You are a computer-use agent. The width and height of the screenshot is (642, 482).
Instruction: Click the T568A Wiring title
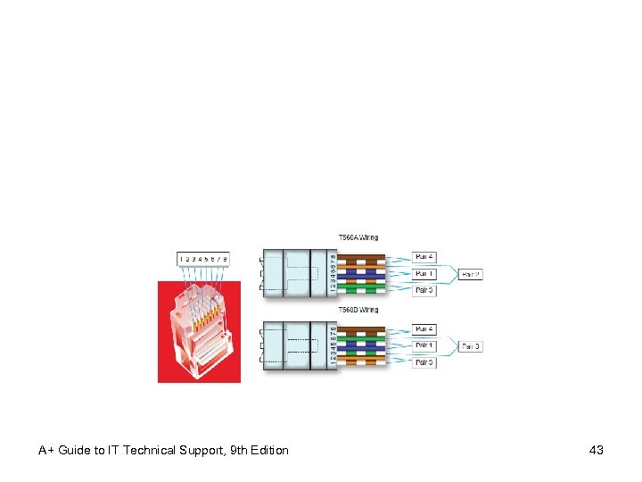click(x=358, y=237)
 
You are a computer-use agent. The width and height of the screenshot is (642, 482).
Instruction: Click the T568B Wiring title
click(x=358, y=310)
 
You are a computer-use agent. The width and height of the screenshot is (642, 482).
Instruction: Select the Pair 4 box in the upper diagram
click(x=424, y=257)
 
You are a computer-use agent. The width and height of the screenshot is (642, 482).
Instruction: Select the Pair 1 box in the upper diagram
click(x=424, y=273)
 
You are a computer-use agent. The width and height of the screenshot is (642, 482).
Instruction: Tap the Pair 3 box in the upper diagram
click(x=424, y=290)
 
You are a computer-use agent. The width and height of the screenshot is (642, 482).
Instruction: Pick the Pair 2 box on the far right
click(x=471, y=274)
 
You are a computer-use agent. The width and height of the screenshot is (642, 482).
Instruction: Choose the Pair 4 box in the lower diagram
click(x=424, y=329)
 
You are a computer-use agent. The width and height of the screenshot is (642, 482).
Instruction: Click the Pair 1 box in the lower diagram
click(x=424, y=345)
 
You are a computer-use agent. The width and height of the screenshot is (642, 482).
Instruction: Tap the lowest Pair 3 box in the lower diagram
click(x=424, y=362)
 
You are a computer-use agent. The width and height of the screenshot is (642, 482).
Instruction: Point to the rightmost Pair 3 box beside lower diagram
click(x=471, y=346)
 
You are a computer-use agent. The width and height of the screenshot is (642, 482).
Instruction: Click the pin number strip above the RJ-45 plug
click(x=203, y=259)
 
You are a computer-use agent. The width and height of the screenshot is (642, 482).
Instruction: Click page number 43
click(x=597, y=450)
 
